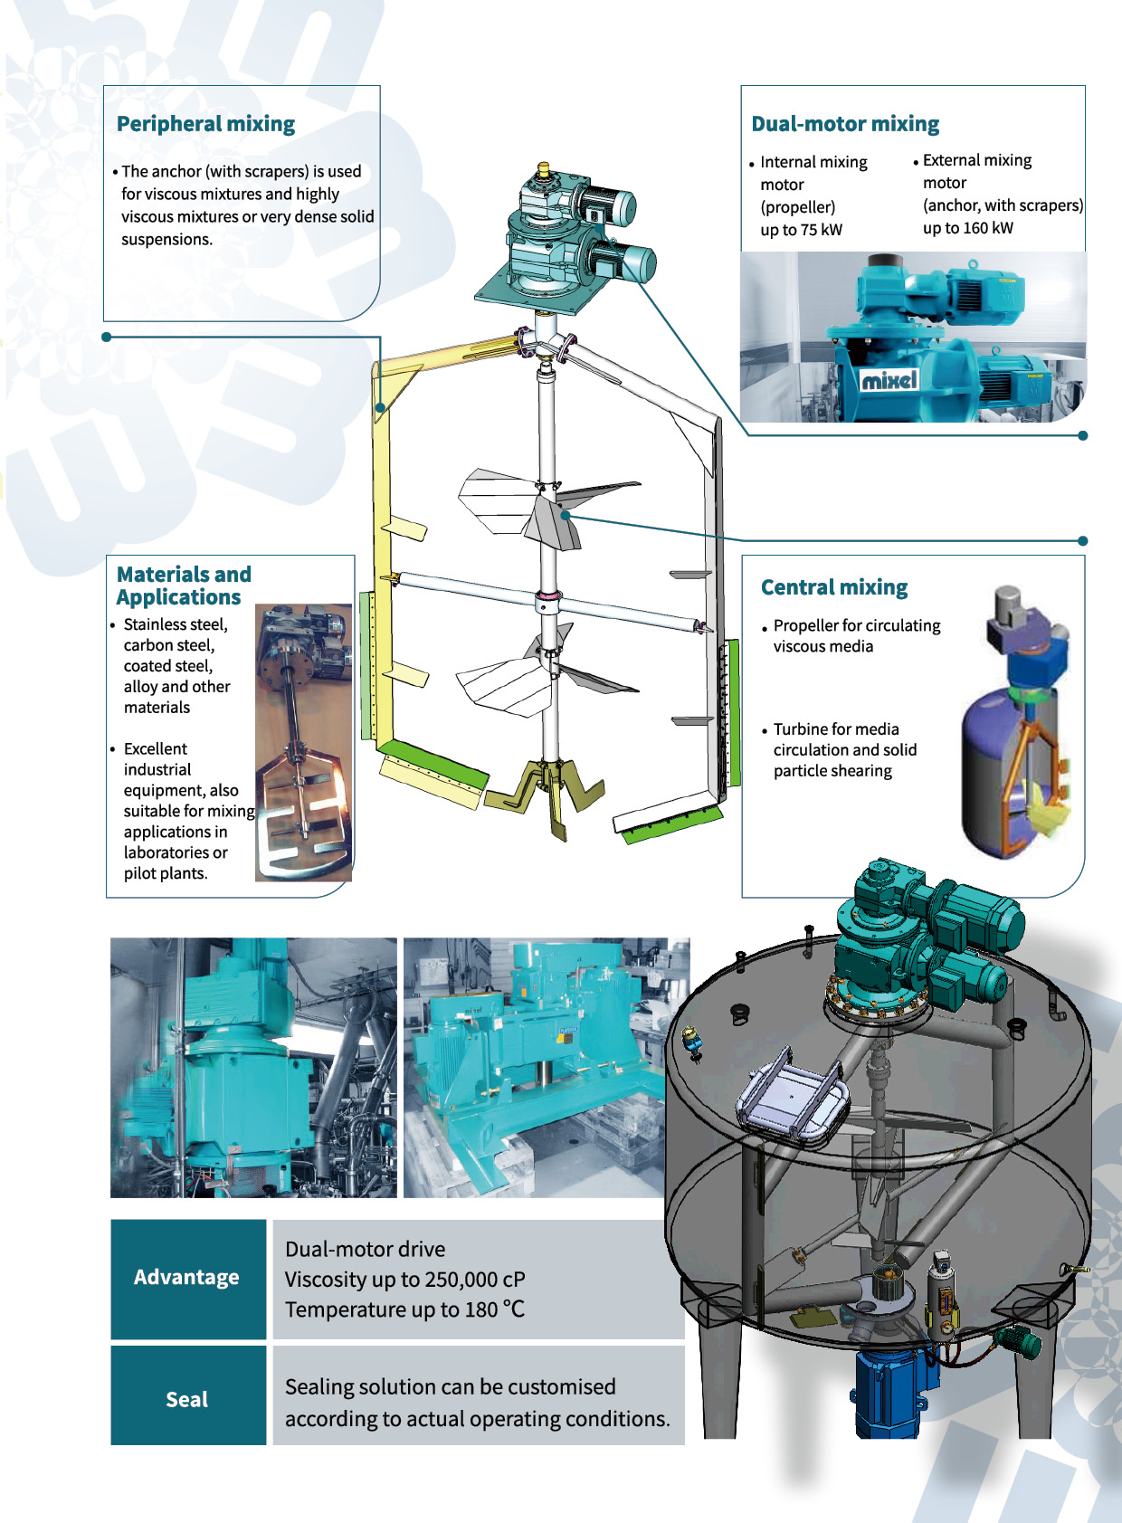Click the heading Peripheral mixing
(205, 124)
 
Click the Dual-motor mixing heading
(844, 124)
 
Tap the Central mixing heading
(833, 587)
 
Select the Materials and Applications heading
(184, 585)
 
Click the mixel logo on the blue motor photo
(889, 379)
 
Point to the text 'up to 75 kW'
(801, 230)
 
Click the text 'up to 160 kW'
(967, 228)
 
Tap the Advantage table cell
(187, 1279)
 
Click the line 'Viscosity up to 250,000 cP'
(404, 1280)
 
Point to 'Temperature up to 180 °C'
(404, 1309)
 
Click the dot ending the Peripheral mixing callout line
(106, 337)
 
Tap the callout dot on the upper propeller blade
(566, 516)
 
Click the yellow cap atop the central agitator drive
(543, 167)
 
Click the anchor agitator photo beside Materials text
(303, 742)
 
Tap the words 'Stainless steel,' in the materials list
(176, 624)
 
